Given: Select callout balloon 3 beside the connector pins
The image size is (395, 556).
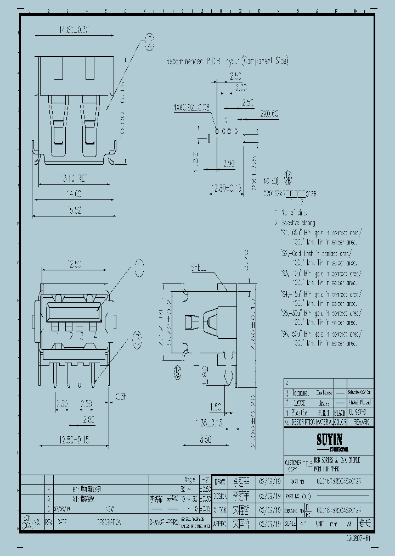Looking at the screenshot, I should click(137, 337).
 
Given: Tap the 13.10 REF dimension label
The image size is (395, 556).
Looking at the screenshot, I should click(74, 178).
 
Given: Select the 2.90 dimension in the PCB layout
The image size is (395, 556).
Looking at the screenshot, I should click(229, 164).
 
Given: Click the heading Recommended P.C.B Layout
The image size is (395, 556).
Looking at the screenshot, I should click(227, 61).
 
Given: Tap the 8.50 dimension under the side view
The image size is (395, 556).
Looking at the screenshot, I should click(205, 440).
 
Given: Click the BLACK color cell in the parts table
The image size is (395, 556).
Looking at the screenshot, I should click(340, 412).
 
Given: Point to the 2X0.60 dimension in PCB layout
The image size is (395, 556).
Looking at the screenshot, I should click(269, 114).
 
